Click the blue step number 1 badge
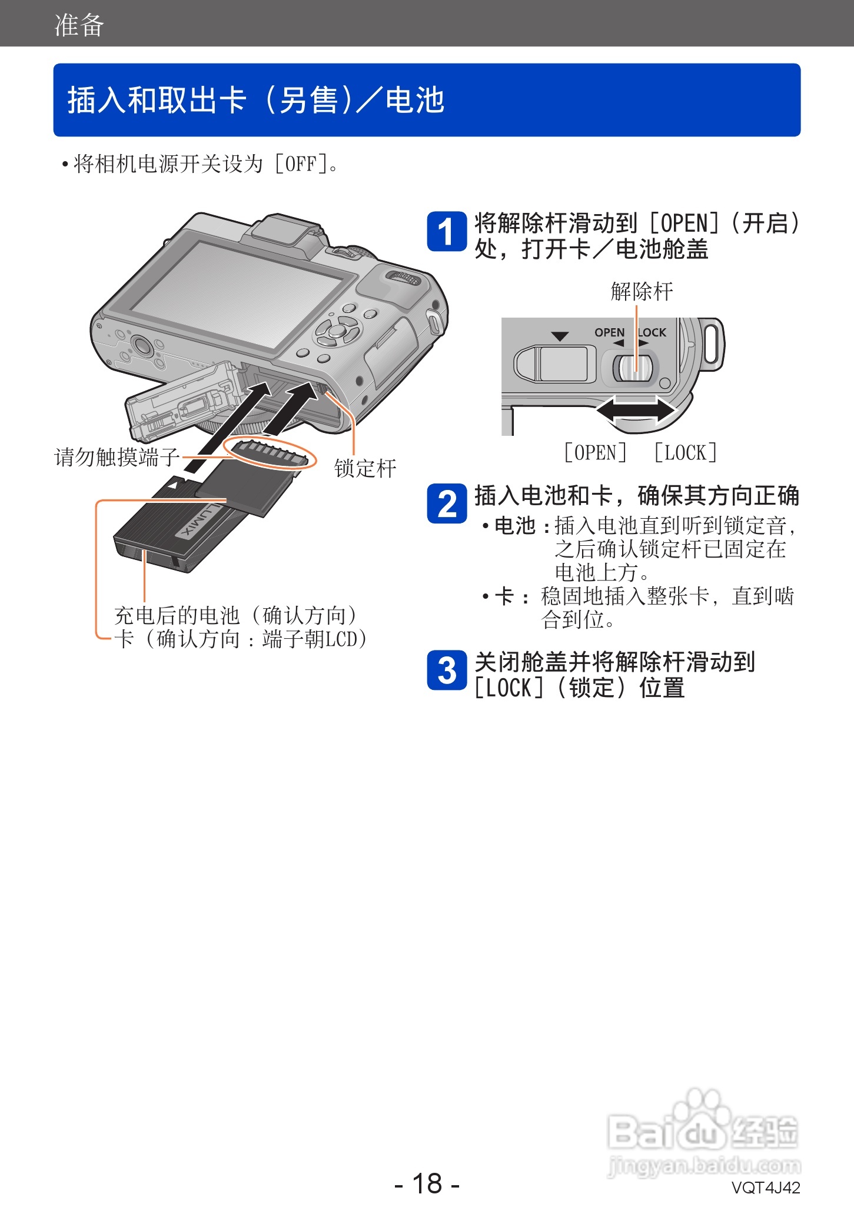(447, 232)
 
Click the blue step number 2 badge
(447, 504)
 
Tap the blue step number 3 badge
(447, 670)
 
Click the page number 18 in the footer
(427, 1183)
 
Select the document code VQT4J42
(765, 1188)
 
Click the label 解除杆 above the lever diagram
(642, 291)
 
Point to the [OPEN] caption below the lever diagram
(595, 453)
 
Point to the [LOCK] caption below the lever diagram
(685, 453)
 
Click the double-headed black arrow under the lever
(636, 410)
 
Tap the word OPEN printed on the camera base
(609, 332)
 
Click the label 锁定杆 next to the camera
(365, 469)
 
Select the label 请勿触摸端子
(117, 457)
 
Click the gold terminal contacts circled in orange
(270, 453)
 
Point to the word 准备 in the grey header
(79, 25)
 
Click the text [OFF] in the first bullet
(301, 164)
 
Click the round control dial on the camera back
(337, 331)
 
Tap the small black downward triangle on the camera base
(560, 336)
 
